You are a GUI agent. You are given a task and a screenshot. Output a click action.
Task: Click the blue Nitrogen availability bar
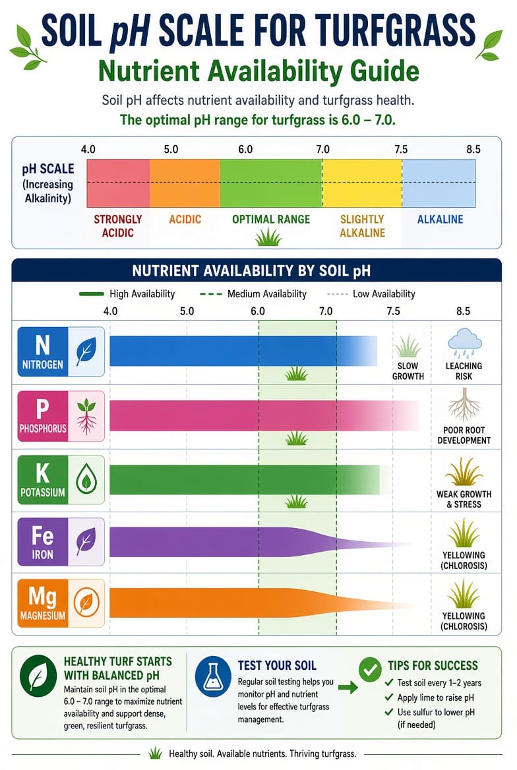pyautogui.click(x=243, y=351)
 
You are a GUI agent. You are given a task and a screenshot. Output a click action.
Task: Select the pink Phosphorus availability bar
pyautogui.click(x=264, y=416)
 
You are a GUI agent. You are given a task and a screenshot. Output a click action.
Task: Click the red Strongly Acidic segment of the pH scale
pyautogui.click(x=119, y=183)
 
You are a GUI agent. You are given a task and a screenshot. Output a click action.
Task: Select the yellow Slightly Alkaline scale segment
pyautogui.click(x=362, y=183)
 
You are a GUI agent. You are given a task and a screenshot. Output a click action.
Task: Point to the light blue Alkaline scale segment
pyautogui.click(x=439, y=183)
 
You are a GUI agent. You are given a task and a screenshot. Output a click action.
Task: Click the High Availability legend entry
pyautogui.click(x=127, y=293)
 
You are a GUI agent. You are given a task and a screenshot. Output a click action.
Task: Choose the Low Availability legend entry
pyautogui.click(x=371, y=293)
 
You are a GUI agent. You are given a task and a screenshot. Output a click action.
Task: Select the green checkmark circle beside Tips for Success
pyautogui.click(x=370, y=670)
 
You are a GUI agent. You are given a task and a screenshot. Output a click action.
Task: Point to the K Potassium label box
pyautogui.click(x=61, y=480)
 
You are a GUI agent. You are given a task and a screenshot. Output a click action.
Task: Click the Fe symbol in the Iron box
pyautogui.click(x=42, y=535)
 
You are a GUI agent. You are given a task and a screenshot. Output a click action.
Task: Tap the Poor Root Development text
pyautogui.click(x=464, y=435)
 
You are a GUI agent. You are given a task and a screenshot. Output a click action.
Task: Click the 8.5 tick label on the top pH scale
pyautogui.click(x=473, y=149)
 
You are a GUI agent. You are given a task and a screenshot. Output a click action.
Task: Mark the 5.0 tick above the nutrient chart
pyautogui.click(x=187, y=311)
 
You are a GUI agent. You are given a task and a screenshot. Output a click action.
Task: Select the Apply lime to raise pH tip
pyautogui.click(x=435, y=697)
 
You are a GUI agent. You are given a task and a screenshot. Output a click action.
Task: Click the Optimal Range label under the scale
pyautogui.click(x=271, y=219)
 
